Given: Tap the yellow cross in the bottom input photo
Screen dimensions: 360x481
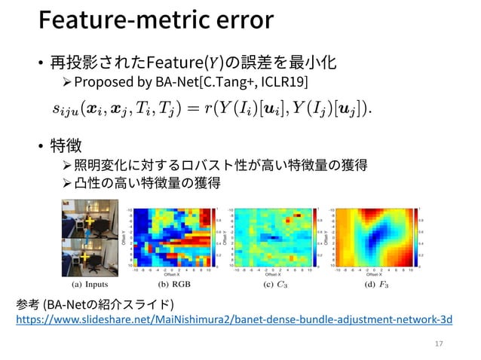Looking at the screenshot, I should [84, 258].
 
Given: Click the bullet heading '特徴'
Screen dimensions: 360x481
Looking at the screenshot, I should [66, 144].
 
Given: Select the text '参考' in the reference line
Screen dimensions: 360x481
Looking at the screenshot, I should [28, 304].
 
